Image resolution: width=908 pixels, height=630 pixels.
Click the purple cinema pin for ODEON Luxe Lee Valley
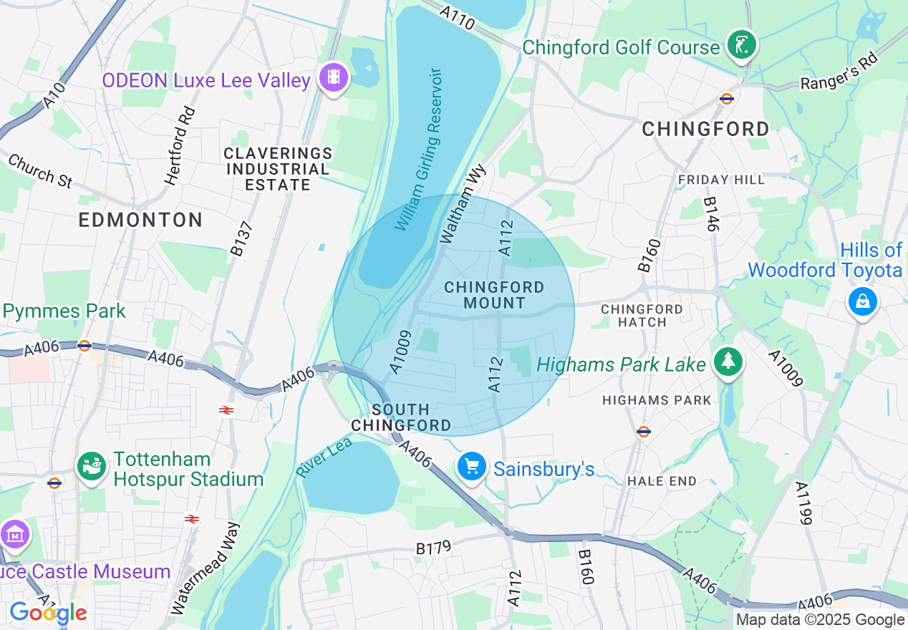(x=333, y=77)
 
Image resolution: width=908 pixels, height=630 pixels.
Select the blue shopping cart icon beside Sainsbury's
(x=472, y=467)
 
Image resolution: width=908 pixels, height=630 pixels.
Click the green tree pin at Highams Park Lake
(x=728, y=361)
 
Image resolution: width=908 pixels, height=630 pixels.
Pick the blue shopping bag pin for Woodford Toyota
(x=862, y=302)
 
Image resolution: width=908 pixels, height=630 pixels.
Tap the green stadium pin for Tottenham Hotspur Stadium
(x=92, y=467)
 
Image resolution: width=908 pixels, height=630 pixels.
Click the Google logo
(x=48, y=613)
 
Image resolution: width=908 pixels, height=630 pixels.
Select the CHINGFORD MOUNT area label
(x=494, y=295)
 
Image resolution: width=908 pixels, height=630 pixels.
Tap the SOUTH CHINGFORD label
(x=401, y=417)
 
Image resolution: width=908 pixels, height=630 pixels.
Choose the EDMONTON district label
(x=140, y=220)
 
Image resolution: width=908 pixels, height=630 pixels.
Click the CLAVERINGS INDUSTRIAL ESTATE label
(x=278, y=169)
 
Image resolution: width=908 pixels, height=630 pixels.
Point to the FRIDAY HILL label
(x=721, y=180)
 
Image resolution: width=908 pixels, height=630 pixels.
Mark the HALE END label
(x=662, y=481)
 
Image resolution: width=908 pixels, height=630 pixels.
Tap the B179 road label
(x=434, y=548)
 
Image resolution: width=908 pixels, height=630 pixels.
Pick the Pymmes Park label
(x=64, y=311)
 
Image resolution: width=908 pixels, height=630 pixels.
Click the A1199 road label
(x=806, y=503)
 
